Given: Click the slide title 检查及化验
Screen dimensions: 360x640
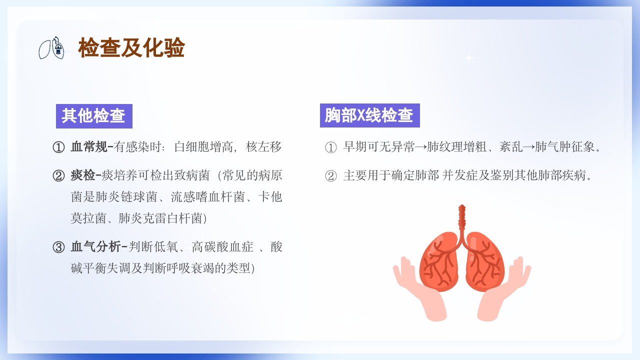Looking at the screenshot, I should [131, 48].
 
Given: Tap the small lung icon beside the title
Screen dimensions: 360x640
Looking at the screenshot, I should [52, 47].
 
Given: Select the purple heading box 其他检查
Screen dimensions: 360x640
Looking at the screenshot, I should [93, 116].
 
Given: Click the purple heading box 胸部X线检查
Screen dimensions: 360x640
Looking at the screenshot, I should [369, 115].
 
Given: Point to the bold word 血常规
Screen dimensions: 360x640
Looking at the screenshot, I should [89, 147].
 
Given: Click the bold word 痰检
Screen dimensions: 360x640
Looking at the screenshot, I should [83, 175].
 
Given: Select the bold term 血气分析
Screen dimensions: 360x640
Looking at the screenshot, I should [95, 247].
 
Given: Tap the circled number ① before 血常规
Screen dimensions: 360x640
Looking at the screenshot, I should [59, 147].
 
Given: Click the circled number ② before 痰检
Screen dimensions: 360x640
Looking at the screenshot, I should [59, 176].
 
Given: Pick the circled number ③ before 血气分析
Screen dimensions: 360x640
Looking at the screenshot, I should [59, 247].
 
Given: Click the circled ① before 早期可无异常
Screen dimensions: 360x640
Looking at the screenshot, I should [331, 147].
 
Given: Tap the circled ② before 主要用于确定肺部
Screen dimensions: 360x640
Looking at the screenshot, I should [331, 176].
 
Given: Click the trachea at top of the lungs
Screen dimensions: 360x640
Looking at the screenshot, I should [462, 217].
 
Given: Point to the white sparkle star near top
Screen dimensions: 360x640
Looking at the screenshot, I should [468, 58].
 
